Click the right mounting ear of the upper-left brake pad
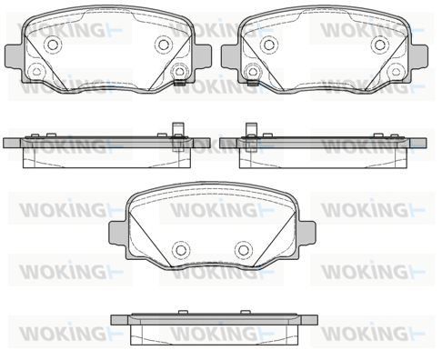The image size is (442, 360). [x=203, y=56]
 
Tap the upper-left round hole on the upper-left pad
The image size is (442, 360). [x=53, y=45]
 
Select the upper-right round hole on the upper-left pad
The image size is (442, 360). [x=164, y=45]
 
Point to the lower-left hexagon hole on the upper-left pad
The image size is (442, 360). [x=36, y=72]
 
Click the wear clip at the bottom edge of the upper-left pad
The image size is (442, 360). [x=180, y=83]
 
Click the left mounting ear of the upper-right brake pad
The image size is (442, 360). [x=230, y=56]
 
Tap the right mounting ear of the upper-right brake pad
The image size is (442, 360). [x=418, y=56]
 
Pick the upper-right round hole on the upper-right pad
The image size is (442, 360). [x=379, y=45]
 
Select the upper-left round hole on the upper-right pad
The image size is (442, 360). [x=269, y=45]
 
